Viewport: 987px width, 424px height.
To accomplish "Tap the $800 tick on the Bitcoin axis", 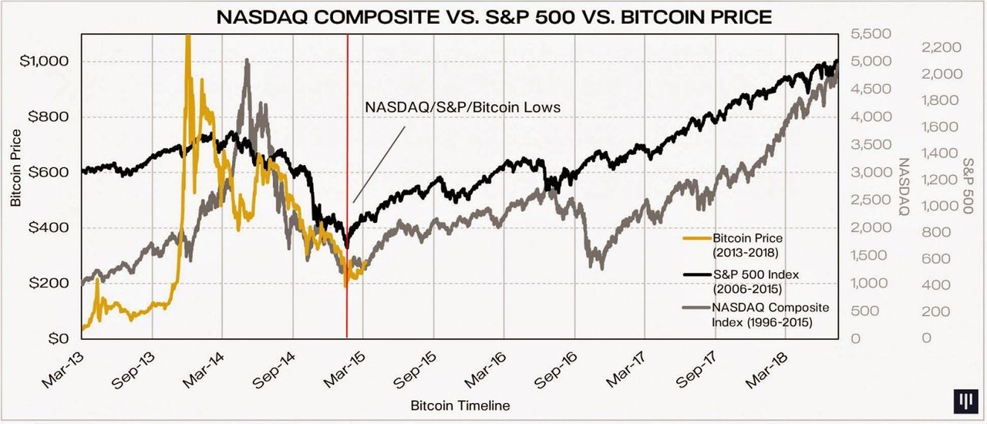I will pos(55,116).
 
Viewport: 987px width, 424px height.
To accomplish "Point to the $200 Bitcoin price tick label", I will pos(55,283).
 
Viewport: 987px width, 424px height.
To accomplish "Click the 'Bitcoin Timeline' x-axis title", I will pos(460,405).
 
